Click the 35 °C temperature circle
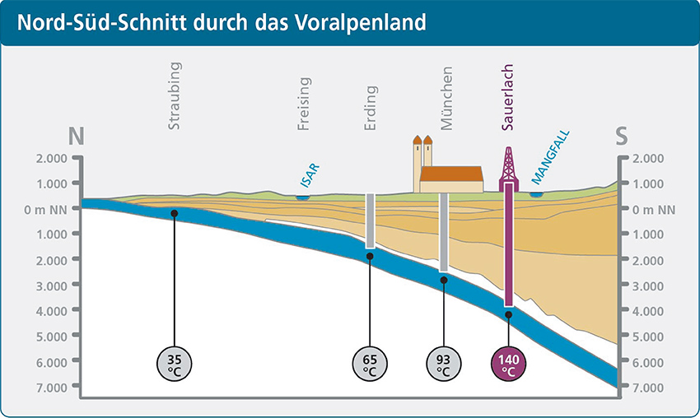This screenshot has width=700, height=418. pos(175,363)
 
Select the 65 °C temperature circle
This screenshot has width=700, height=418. pos(370,363)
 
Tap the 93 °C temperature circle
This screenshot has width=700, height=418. pos(444,363)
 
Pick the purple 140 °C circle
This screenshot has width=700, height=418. pos(508,363)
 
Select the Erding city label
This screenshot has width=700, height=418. pos(371,108)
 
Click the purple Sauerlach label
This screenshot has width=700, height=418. pos(508,98)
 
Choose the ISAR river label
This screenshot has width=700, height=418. pos(309,175)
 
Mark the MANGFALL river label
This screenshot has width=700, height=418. pos(551,156)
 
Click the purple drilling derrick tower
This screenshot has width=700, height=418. pos(509,164)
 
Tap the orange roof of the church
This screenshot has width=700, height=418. pos(450,174)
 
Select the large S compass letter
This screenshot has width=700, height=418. pos(623,137)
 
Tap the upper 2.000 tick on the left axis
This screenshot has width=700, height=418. pos(52,159)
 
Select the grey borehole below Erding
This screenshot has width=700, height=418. pos(370,221)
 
